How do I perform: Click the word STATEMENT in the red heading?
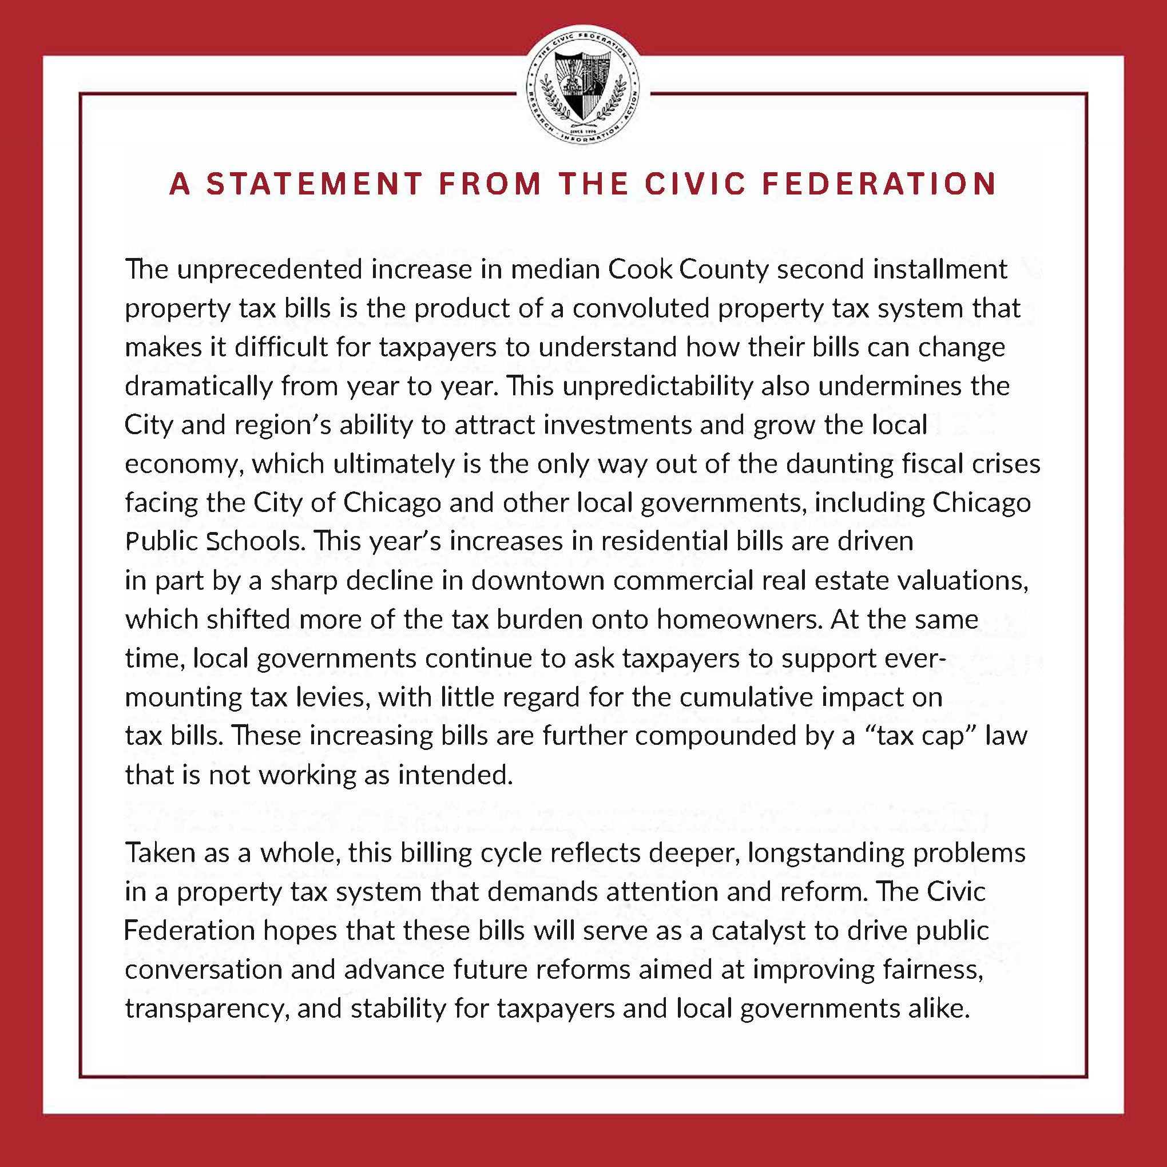coord(314,184)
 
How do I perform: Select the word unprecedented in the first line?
coord(269,269)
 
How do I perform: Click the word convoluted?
coord(640,309)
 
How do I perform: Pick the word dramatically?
coord(199,387)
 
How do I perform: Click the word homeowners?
coord(739,620)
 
